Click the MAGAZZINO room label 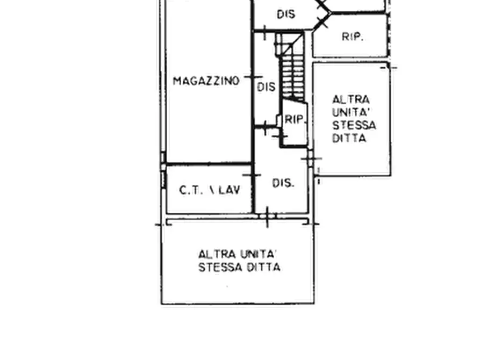pos(206,81)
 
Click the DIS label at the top pos(286,15)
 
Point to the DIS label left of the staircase pos(266,87)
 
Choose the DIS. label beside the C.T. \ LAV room pos(283,183)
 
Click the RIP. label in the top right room pos(353,37)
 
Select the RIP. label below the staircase pos(295,120)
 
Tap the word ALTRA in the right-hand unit pos(351,99)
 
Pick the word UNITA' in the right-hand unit pos(352,112)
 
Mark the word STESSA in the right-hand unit pos(354,125)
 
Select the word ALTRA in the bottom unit pos(214,254)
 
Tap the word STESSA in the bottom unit pos(218,267)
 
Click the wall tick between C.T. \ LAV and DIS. pos(252,175)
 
